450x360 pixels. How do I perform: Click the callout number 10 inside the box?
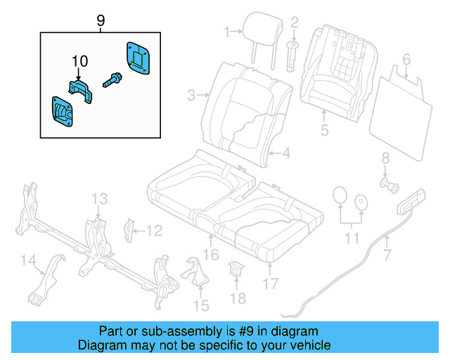coord(78,61)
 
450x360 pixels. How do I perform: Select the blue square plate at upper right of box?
coord(138,57)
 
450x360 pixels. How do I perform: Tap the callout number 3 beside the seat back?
coord(191,94)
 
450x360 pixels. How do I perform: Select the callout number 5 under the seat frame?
coord(324,129)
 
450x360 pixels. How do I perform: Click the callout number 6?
coord(406,58)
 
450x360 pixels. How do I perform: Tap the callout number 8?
coord(385,157)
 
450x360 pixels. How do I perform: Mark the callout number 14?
coord(27,262)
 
